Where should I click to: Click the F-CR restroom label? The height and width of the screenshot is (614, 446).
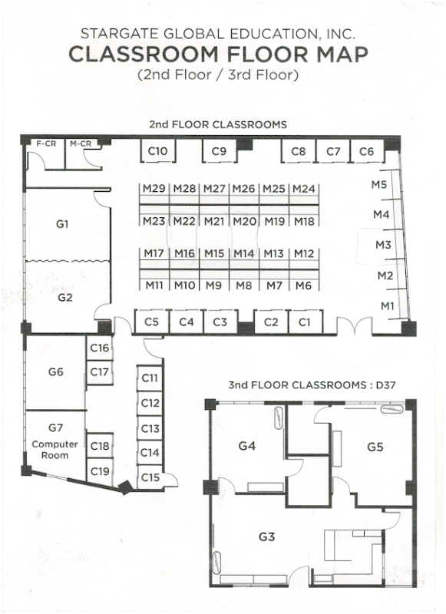(x=46, y=144)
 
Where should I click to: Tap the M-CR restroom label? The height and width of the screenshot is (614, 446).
(x=81, y=144)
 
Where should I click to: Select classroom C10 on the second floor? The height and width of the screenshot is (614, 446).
(x=157, y=150)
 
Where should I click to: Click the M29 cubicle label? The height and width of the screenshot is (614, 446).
(x=154, y=189)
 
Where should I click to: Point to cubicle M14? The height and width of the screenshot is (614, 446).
(x=244, y=254)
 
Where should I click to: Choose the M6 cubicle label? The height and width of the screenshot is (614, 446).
(x=303, y=286)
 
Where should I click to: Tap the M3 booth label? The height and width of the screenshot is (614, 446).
(x=383, y=245)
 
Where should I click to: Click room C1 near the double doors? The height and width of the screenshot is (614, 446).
(x=304, y=322)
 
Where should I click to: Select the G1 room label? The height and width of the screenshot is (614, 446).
(x=62, y=224)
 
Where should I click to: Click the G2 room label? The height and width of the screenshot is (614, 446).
(x=65, y=298)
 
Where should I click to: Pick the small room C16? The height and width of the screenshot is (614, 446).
(x=100, y=348)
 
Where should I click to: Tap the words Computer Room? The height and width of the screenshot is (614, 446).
(x=55, y=450)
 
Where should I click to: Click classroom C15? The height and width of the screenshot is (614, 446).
(x=150, y=477)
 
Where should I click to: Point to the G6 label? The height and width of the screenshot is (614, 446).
(x=55, y=371)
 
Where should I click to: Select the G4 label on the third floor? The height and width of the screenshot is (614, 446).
(x=247, y=446)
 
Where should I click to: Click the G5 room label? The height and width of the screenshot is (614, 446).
(x=375, y=447)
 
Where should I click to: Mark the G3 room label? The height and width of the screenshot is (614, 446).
(x=266, y=536)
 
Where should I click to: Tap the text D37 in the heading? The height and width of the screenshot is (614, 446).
(x=385, y=385)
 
